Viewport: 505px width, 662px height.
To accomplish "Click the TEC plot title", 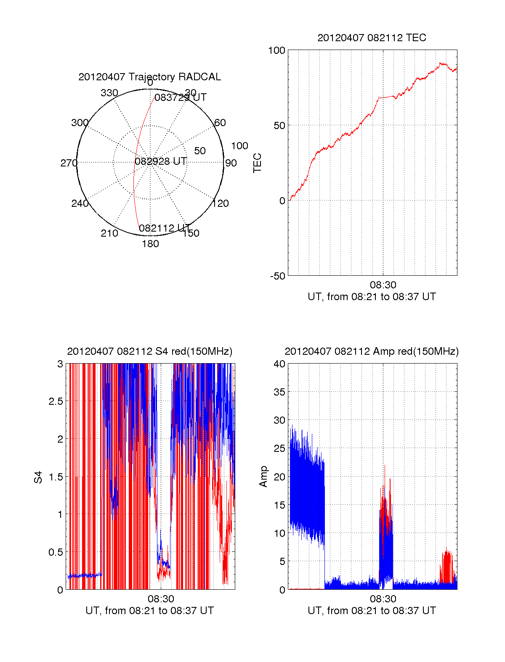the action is [x=372, y=38].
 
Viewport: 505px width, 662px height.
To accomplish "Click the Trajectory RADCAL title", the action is [x=150, y=77].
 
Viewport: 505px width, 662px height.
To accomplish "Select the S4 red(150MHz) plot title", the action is [x=150, y=351].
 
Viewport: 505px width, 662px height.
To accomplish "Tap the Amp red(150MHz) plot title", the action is [x=372, y=351].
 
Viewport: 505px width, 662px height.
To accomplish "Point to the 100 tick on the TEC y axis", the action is [x=276, y=50].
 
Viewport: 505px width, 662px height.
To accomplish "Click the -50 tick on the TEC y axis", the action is [x=278, y=276].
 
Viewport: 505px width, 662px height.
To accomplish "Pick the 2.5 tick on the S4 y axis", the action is [x=56, y=401].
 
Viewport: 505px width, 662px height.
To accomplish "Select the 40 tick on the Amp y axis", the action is [x=279, y=364].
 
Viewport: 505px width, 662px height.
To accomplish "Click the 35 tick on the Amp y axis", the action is [x=279, y=392].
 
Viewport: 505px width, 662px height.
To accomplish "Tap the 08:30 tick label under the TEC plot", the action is [x=383, y=285].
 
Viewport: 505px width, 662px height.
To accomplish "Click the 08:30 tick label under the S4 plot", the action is [x=161, y=599].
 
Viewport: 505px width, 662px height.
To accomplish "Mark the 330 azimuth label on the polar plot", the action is [x=109, y=92].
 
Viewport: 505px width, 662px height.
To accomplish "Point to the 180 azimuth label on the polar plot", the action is [x=150, y=243].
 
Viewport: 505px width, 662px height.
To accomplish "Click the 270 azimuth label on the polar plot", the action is [x=69, y=163].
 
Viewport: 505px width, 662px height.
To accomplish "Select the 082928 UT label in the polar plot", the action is [x=161, y=161].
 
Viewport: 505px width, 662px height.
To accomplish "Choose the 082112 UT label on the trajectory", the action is [x=165, y=228].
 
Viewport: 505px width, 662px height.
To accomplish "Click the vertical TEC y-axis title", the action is [x=257, y=163].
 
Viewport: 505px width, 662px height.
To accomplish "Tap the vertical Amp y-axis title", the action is [x=263, y=477].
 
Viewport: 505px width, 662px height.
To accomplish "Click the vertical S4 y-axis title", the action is [x=38, y=477].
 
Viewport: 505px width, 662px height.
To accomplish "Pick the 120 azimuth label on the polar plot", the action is [x=221, y=203].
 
